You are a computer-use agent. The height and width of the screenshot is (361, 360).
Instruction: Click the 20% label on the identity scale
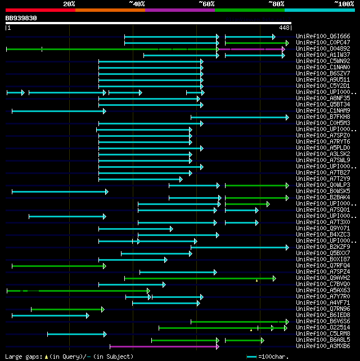tap(69, 3)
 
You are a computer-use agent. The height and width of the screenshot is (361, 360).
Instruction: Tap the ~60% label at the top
tap(206, 3)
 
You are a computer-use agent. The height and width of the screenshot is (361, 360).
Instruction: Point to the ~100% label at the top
tap(344, 3)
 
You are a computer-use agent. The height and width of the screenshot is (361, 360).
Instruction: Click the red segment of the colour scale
tap(40, 10)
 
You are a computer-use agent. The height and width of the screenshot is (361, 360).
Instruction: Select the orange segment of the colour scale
tap(110, 10)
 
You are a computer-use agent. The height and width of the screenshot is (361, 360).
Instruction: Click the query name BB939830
tap(21, 18)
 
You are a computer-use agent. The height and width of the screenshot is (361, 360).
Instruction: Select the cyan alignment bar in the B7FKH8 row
tap(239, 117)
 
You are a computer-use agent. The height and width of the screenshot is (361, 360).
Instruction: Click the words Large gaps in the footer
tap(23, 356)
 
